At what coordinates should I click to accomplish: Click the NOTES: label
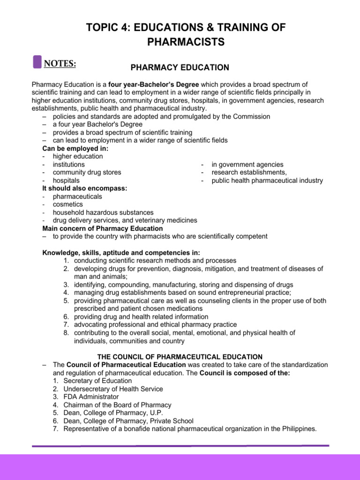tap(60, 63)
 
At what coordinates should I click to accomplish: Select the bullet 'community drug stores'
tap(87, 172)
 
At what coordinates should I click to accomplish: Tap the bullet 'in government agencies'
tap(247, 165)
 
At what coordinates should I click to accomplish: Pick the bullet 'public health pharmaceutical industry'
tap(267, 180)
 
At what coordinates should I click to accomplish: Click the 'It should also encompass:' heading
tap(84, 188)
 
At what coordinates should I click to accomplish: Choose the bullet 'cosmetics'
tap(68, 204)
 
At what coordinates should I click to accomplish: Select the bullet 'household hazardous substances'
tap(103, 212)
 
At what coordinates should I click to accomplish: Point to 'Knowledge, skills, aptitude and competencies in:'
tap(121, 252)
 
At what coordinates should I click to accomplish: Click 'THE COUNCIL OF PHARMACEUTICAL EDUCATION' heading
tap(180, 357)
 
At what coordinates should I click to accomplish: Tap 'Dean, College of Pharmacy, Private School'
tap(128, 420)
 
